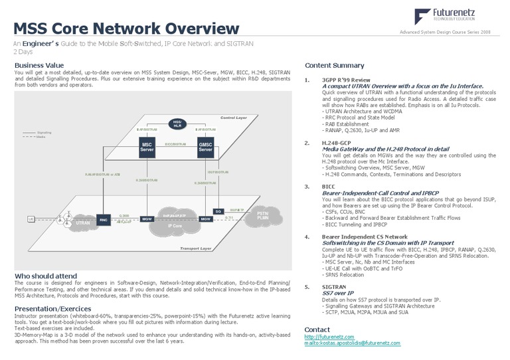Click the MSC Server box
click(x=147, y=148)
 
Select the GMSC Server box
click(x=205, y=148)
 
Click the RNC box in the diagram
click(x=103, y=219)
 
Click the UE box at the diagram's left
click(x=31, y=219)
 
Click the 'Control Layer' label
click(x=233, y=118)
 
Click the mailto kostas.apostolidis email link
click(x=352, y=343)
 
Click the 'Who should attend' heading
click(x=44, y=276)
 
